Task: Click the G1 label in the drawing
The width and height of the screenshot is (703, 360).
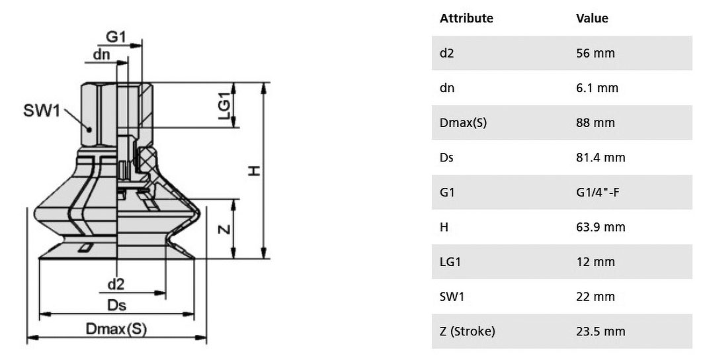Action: pos(116,37)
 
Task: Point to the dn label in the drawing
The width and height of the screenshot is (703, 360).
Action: pos(102,54)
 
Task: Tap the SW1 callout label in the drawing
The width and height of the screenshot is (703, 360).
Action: pos(42,111)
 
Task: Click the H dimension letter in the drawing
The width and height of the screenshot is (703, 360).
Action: pos(254,171)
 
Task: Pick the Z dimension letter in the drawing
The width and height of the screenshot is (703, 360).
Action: pos(224,230)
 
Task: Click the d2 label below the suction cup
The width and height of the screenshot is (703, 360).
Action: pos(116,284)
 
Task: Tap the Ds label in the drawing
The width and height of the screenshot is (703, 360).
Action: pos(116,305)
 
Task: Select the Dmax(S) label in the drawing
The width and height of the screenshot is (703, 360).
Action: pos(116,329)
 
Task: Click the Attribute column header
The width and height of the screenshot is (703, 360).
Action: pos(466,19)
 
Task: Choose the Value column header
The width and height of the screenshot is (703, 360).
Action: pos(593,19)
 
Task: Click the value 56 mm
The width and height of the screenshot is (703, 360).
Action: pos(595,54)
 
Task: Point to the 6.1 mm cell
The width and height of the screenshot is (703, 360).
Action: pos(597,88)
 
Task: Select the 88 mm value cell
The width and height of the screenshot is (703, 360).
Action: pos(595,123)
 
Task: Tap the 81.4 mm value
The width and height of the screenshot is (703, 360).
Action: pos(600,157)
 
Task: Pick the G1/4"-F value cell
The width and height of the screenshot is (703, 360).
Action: pos(598,193)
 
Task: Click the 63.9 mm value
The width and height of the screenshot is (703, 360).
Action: pos(600,227)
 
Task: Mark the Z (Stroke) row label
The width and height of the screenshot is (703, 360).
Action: pos(468,332)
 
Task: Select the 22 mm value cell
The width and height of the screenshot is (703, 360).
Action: pos(595,296)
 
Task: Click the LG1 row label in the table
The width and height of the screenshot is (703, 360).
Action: pos(450,262)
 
